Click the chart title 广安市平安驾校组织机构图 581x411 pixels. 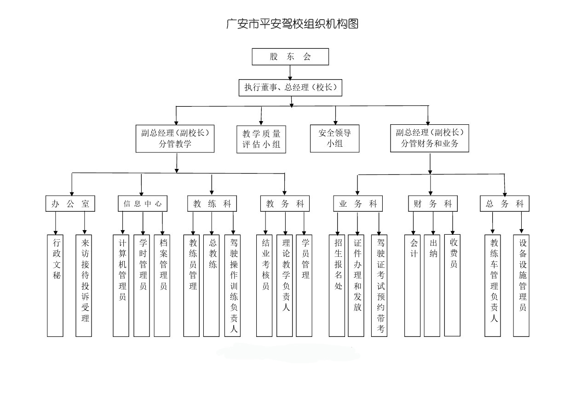click(x=292, y=24)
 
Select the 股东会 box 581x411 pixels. click(x=290, y=57)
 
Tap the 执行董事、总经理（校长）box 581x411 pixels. click(x=290, y=87)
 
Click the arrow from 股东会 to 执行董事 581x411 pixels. click(x=290, y=72)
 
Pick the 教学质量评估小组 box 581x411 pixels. click(x=261, y=139)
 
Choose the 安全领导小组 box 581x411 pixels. click(x=335, y=138)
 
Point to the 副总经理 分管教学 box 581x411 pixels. click(x=175, y=138)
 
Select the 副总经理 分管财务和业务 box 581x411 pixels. click(x=430, y=138)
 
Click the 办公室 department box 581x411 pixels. click(x=70, y=204)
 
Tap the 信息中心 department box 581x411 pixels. click(x=143, y=204)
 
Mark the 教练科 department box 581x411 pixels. click(x=212, y=204)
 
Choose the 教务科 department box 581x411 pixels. click(x=285, y=204)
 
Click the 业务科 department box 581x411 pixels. click(x=357, y=204)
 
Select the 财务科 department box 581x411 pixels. click(x=433, y=204)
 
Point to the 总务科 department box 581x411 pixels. click(x=505, y=204)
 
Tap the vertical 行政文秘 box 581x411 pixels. click(x=55, y=285)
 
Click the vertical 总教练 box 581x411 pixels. click(x=212, y=285)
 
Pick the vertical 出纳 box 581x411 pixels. click(x=432, y=285)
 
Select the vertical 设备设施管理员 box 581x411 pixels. click(x=521, y=285)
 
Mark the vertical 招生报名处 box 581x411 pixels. click(x=337, y=285)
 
